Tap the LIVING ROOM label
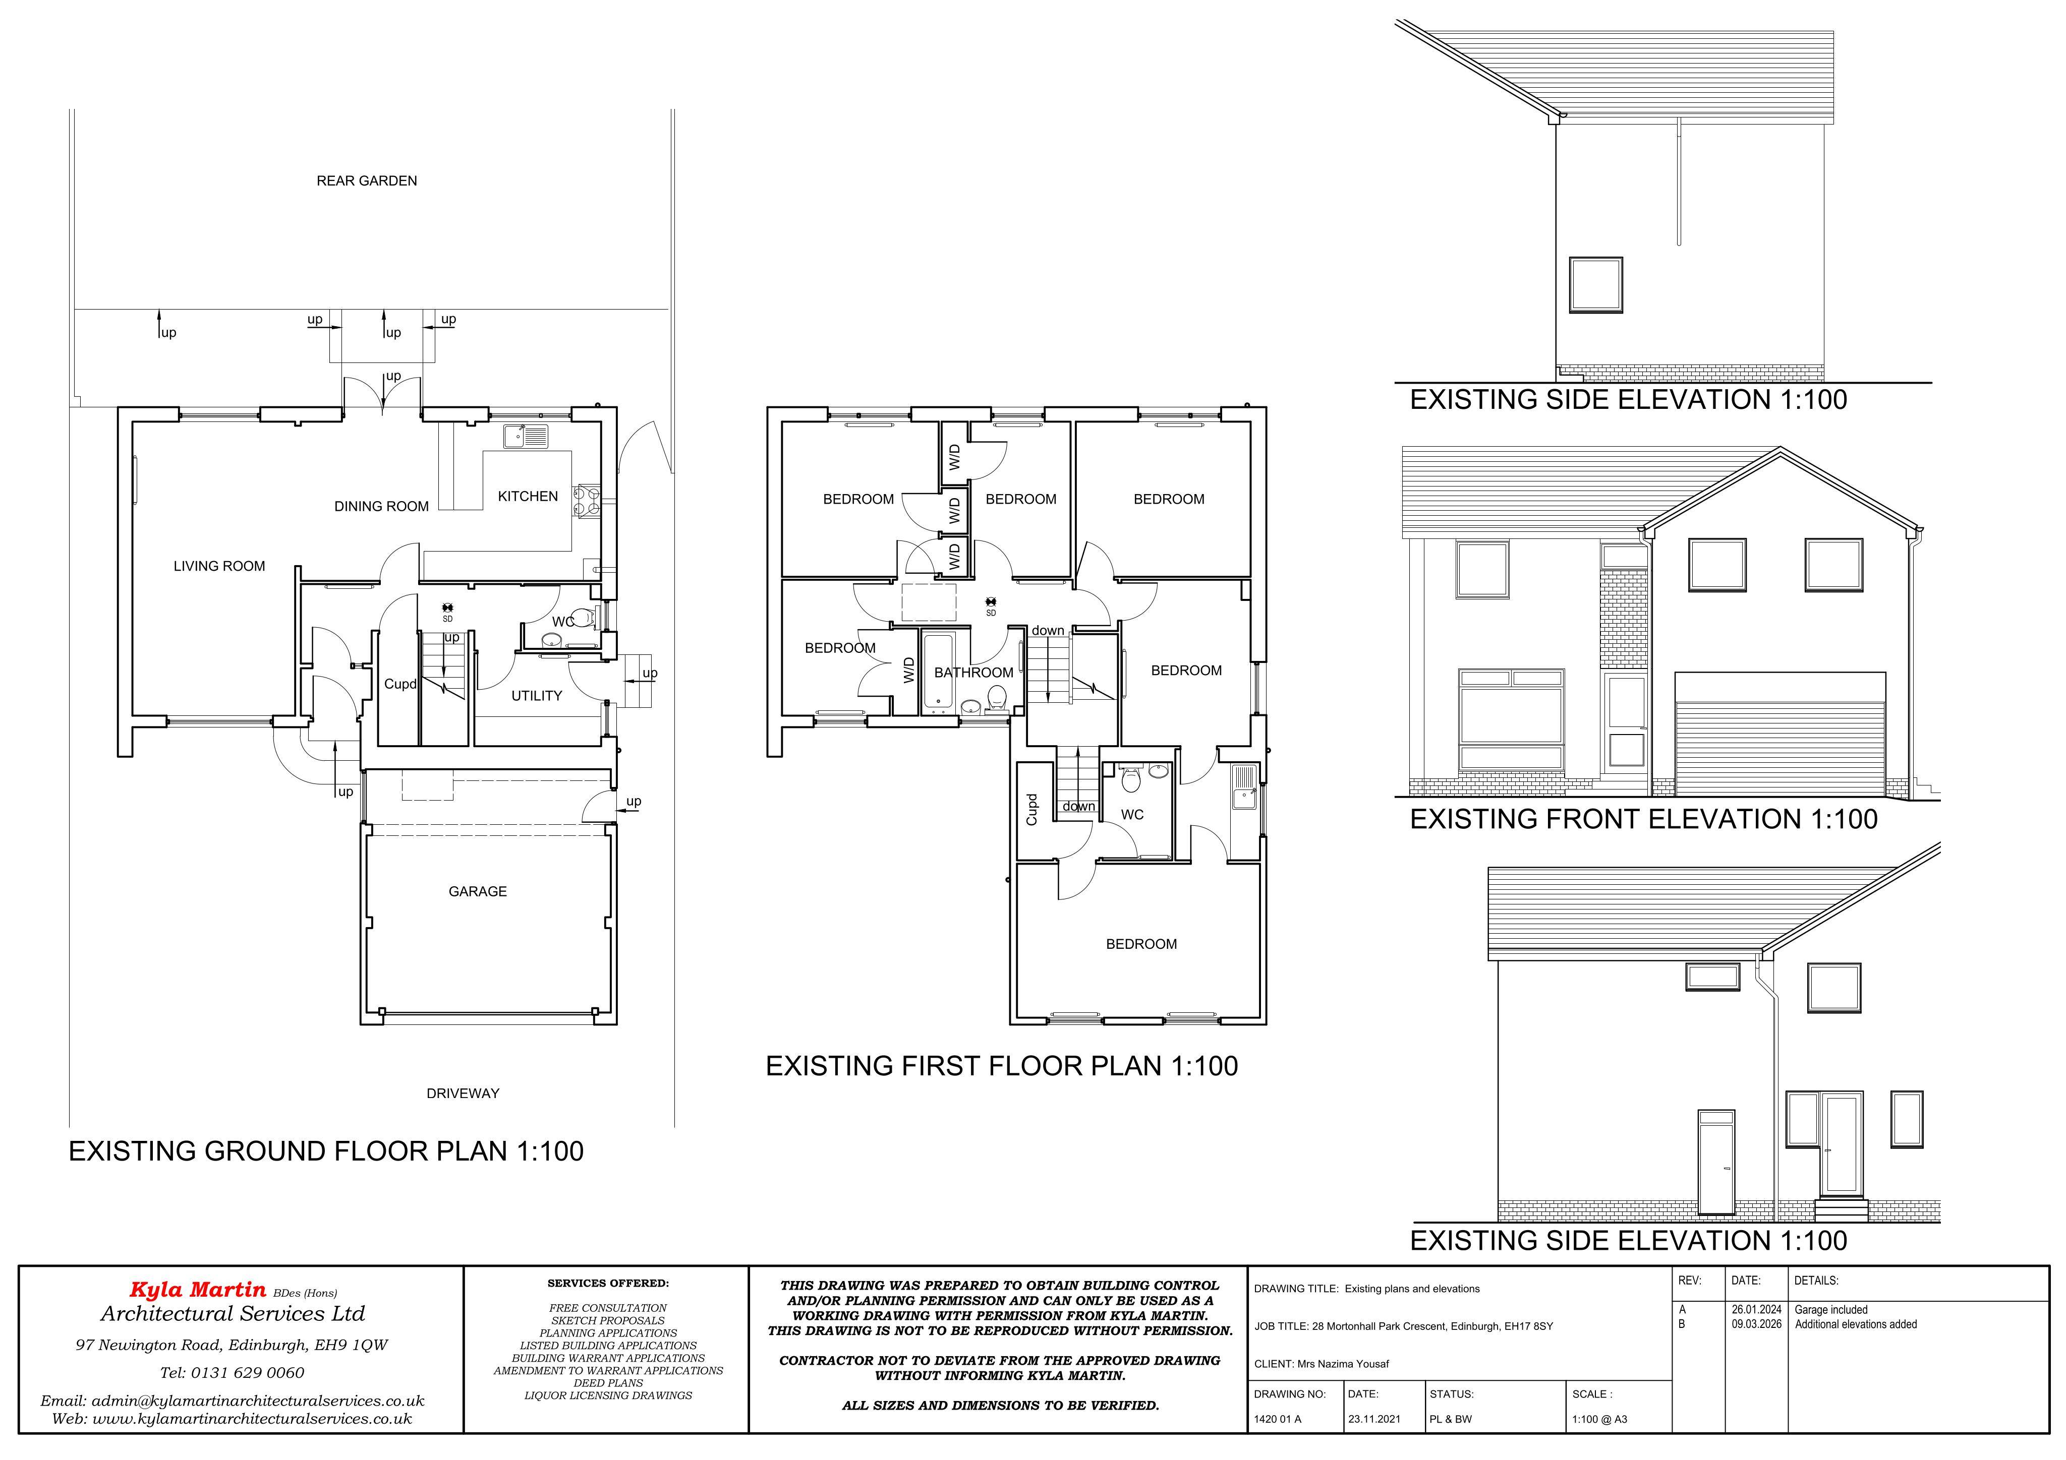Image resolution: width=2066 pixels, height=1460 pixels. (x=219, y=566)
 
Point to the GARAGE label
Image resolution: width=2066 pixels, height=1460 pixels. (x=477, y=891)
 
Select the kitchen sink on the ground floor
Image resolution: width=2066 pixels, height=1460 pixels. (x=527, y=436)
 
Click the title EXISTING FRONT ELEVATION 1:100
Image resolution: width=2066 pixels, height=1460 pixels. (x=1643, y=820)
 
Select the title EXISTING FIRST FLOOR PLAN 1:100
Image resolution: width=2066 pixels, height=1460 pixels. (x=1002, y=1066)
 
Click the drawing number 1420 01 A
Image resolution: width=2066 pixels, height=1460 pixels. (x=1278, y=1420)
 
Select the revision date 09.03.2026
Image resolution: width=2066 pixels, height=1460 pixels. (x=1756, y=1324)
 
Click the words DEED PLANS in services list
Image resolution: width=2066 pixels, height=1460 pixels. (x=608, y=1383)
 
